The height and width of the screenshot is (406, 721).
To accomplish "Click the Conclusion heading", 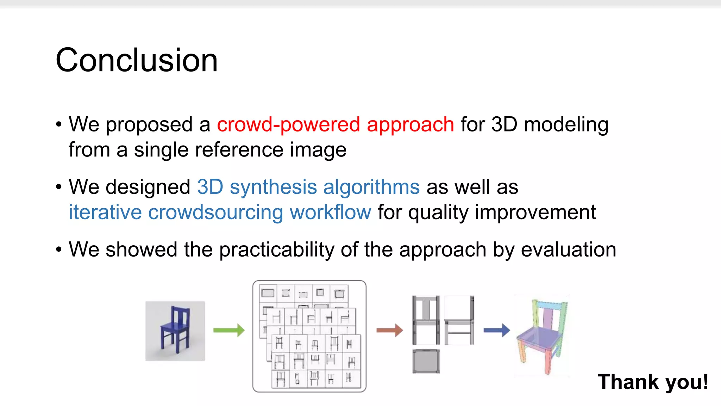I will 137,60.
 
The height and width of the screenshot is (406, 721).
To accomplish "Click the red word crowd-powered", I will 288,124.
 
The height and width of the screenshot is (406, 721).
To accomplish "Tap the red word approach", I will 410,125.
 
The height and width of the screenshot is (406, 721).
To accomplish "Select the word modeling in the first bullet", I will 566,125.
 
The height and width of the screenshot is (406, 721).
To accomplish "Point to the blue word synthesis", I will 273,187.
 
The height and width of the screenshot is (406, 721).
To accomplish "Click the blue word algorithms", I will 371,187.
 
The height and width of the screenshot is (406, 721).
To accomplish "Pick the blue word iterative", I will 105,213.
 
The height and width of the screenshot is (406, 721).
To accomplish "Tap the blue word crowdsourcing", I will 215,213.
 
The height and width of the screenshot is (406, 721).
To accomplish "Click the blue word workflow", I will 330,213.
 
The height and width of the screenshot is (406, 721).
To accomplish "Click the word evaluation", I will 568,250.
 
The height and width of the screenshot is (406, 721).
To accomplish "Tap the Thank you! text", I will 653,382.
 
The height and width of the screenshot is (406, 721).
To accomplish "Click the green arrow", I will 229,330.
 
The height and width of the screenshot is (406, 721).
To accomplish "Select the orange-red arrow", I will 389,330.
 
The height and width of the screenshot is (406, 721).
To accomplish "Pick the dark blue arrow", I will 496,330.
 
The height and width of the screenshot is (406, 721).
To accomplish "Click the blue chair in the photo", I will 175,330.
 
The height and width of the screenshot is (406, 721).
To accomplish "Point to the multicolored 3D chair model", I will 542,337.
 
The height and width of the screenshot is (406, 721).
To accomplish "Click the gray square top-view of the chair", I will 426,361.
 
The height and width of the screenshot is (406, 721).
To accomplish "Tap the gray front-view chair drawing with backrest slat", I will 426,320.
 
